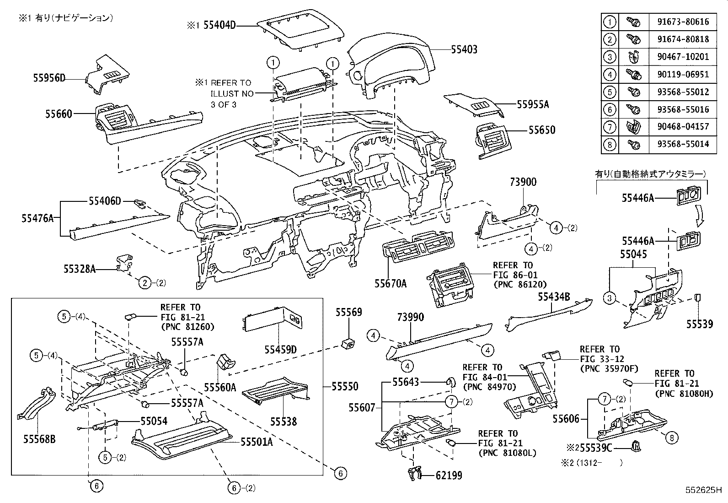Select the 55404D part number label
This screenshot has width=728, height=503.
pos(219,26)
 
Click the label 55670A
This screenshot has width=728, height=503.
pos(391,283)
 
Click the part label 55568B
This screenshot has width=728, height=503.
pos(39,439)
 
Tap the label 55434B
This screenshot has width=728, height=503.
pos(553,297)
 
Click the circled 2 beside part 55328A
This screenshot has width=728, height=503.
pos(145,283)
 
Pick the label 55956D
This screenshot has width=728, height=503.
pos(49,78)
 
